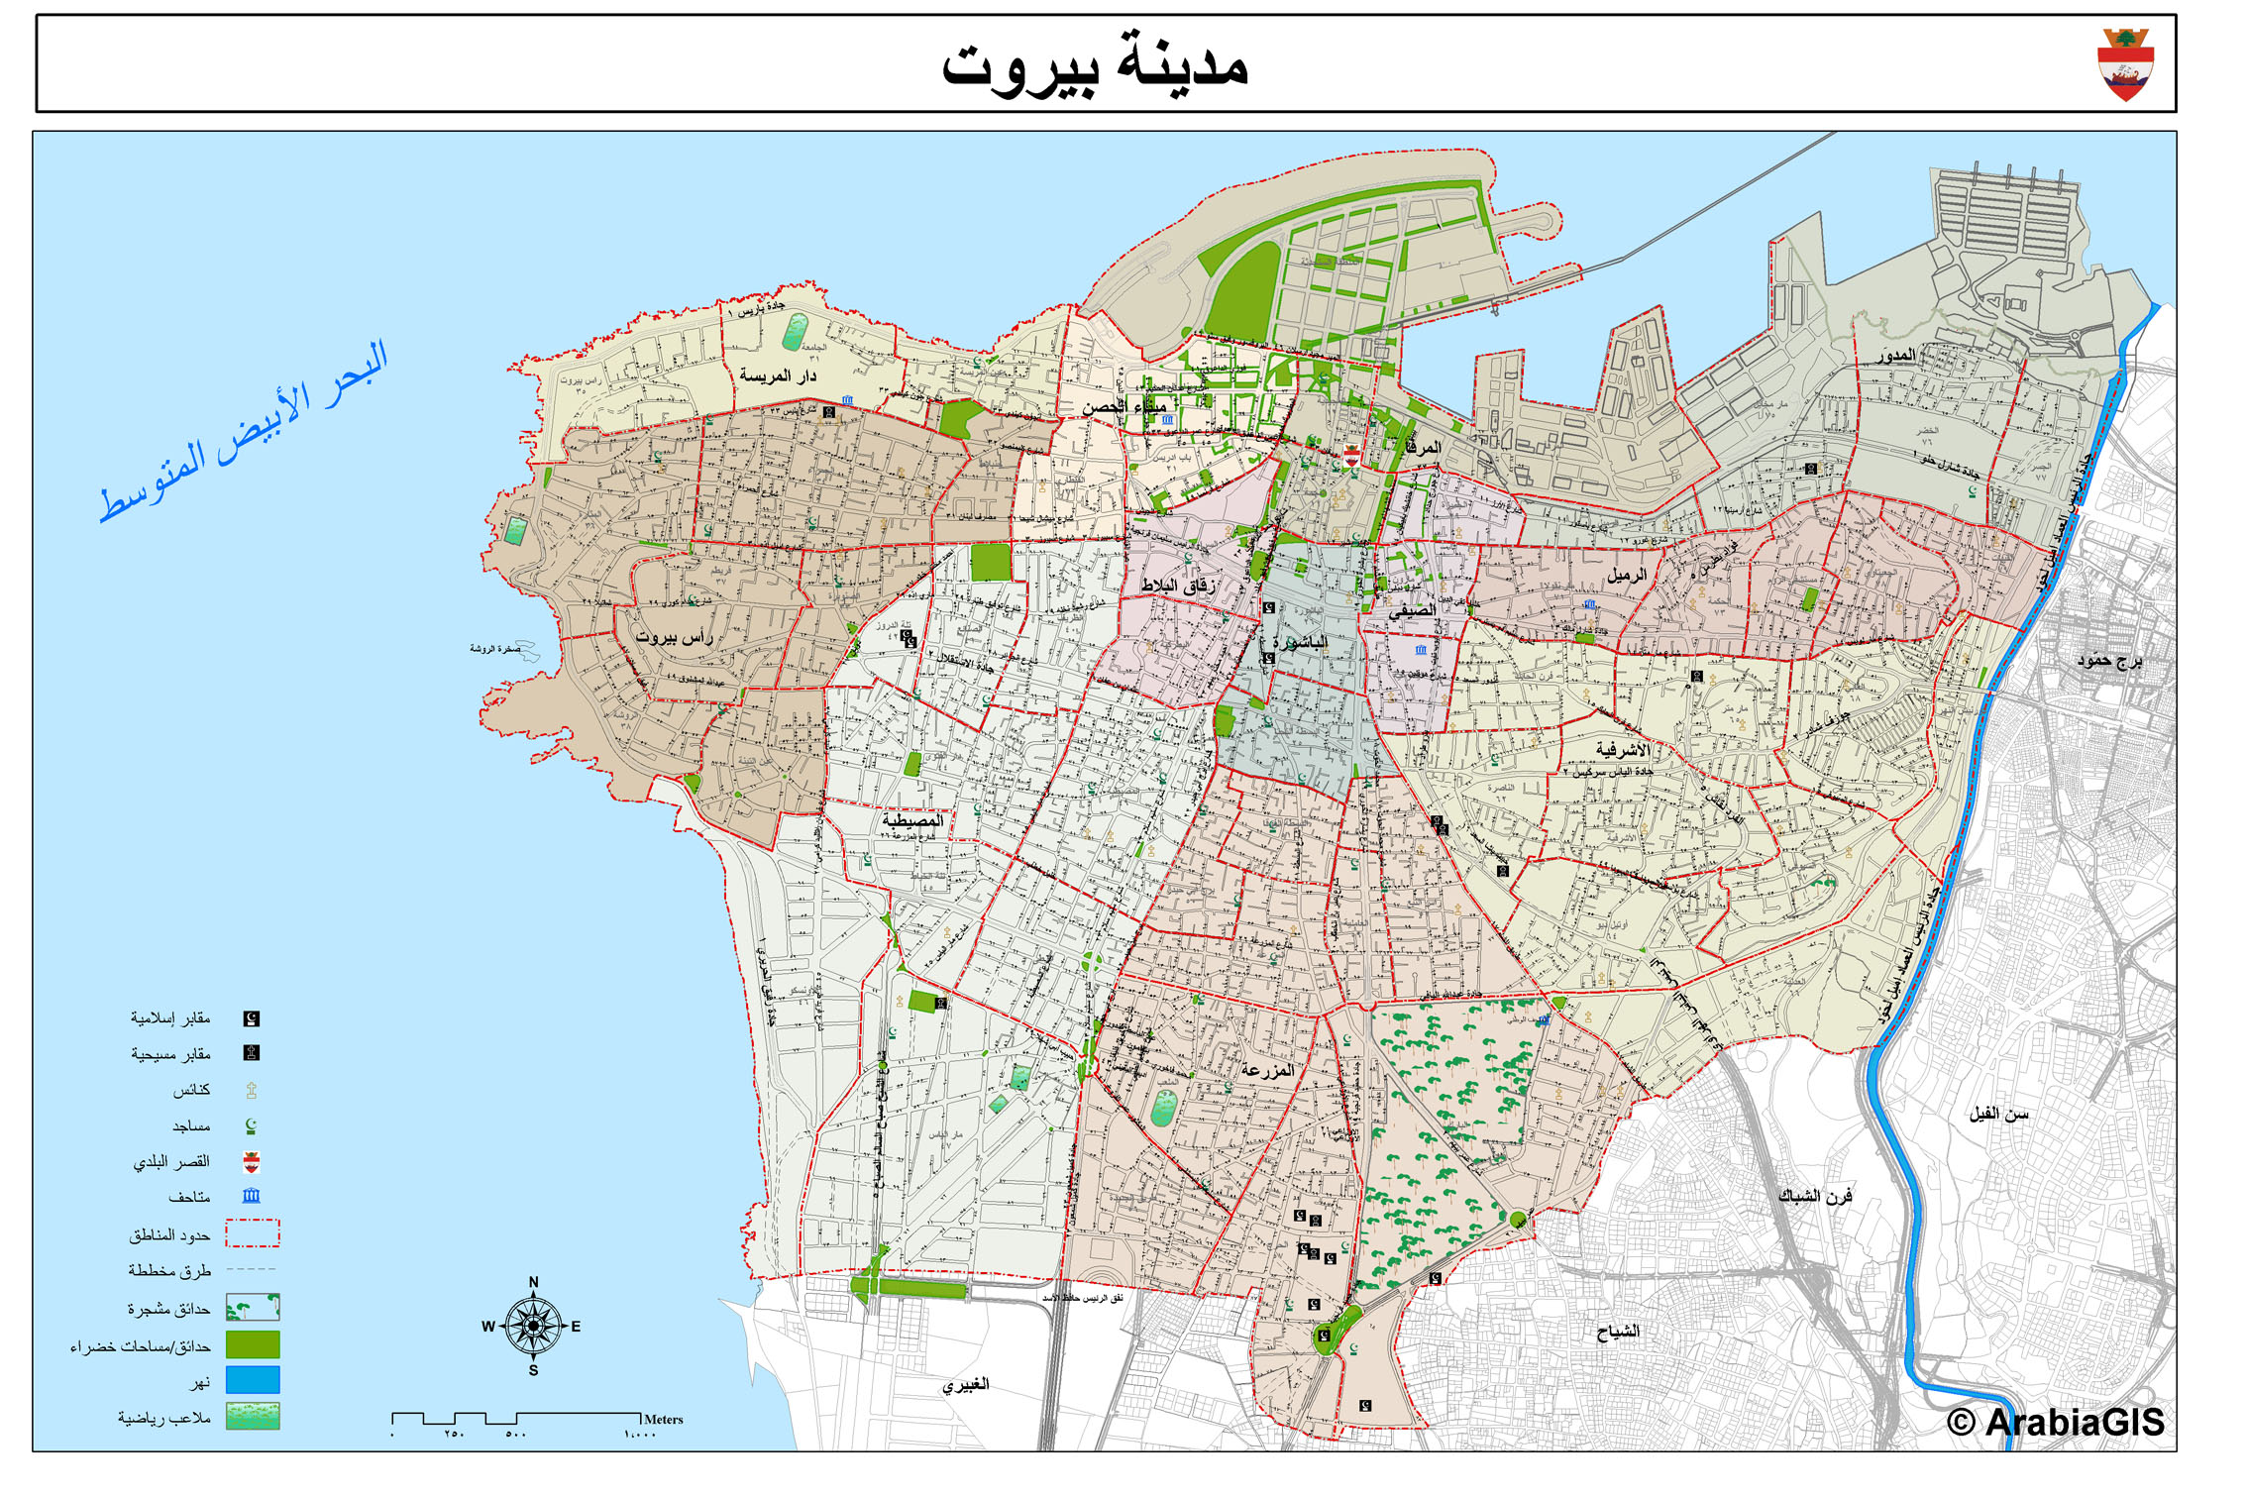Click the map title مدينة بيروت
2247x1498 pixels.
pos(1094,65)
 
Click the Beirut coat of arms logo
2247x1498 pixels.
pos(2124,64)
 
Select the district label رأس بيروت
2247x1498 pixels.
pos(675,636)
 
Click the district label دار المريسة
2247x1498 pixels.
pos(778,375)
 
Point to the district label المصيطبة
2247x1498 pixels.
pos(912,820)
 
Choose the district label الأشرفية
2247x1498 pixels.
pos(1622,750)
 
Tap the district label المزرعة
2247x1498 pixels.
pos(1267,1070)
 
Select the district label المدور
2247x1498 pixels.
pos(1895,356)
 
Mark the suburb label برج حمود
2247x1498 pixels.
pos(2109,660)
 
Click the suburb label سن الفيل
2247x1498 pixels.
pos(1998,1114)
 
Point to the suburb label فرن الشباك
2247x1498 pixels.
pos(1815,1196)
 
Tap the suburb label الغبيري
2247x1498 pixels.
pos(965,1384)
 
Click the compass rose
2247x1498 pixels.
pos(533,1326)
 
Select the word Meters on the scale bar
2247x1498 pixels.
pos(663,1419)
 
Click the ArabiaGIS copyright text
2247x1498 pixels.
pos(2056,1422)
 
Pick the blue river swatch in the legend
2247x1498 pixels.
pos(253,1380)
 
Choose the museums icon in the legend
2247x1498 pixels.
pos(252,1196)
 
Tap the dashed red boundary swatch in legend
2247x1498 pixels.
pos(253,1233)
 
